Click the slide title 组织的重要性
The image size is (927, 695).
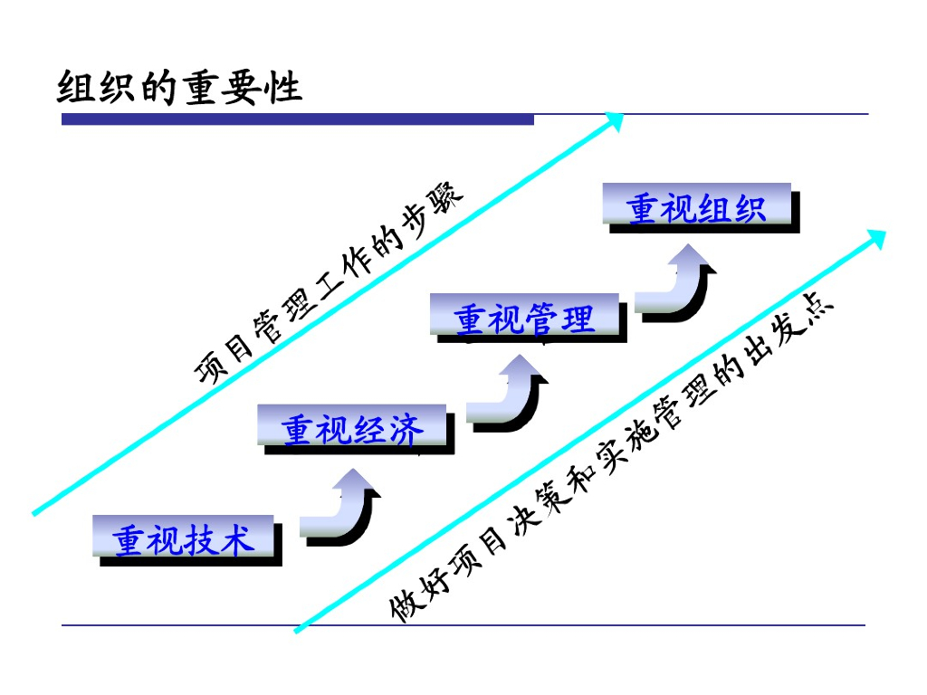179,88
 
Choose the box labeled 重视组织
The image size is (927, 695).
697,206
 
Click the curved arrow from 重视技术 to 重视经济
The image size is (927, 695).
339,511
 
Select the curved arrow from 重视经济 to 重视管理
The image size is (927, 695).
507,398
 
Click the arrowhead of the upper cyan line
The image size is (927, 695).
615,120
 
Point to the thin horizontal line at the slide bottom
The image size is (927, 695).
463,624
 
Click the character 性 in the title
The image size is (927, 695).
284,88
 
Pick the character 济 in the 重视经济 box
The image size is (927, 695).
405,429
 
